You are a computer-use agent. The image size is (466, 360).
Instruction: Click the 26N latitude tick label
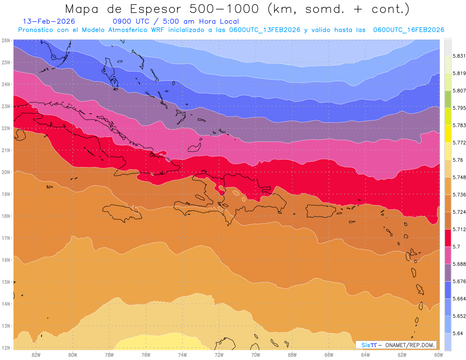5,40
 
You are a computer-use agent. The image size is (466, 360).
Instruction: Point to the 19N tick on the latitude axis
5,194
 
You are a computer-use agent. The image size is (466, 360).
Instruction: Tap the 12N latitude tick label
5,348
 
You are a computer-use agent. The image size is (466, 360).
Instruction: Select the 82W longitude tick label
36,355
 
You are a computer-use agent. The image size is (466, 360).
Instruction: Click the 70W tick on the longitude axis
256,355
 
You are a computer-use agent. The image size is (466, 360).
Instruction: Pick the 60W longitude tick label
438,355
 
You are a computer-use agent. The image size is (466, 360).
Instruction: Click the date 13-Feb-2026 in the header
49,21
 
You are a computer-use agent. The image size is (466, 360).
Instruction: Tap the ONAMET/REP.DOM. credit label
410,345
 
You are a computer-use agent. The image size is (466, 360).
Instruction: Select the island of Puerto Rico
321,210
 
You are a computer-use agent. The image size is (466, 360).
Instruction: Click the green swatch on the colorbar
448,99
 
